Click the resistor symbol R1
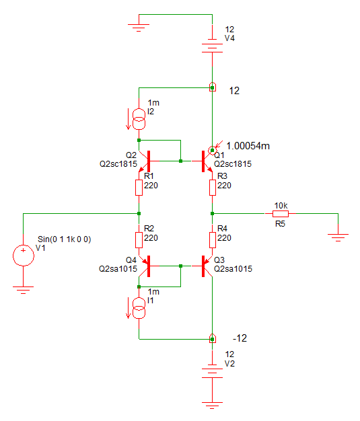139,188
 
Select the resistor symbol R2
139,240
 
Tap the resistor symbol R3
212,188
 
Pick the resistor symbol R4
212,240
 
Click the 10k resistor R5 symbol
281,214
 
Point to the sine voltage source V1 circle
24,256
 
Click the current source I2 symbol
139,119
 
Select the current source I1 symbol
139,308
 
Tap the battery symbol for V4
212,46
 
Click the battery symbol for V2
212,371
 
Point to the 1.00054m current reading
248,146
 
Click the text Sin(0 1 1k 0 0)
64,239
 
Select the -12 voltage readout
240,338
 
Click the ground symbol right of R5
338,237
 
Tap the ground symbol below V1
24,290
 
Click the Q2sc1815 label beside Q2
118,164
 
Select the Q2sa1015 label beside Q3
233,269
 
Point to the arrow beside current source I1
128,308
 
